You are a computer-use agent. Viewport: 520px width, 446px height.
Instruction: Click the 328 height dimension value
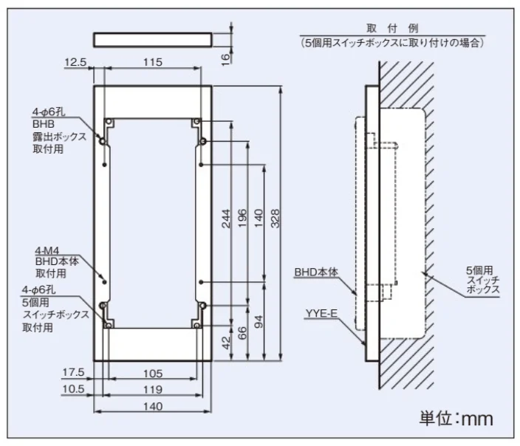[276, 219]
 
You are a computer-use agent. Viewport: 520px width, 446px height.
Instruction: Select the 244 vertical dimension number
[226, 219]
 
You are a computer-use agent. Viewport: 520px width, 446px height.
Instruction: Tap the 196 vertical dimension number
[242, 218]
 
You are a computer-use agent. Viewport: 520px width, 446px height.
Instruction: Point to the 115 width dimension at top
[153, 62]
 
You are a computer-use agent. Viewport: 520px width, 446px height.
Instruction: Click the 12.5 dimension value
[75, 62]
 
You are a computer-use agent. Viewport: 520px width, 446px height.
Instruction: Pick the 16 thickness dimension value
[225, 58]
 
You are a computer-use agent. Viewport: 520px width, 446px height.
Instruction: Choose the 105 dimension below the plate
[153, 374]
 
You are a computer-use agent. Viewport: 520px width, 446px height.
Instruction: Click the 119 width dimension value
[153, 390]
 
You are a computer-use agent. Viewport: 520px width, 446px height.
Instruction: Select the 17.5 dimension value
[73, 372]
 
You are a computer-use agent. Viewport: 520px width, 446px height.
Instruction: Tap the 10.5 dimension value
[73, 389]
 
